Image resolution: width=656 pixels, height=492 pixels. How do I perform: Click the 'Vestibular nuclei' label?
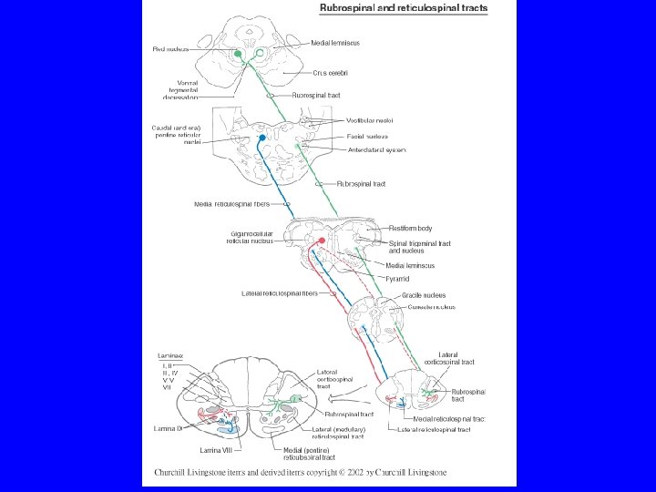[x=370, y=120]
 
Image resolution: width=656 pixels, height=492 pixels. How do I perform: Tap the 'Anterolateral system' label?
[x=376, y=149]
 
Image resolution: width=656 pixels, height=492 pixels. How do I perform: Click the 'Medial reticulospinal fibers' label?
[x=230, y=203]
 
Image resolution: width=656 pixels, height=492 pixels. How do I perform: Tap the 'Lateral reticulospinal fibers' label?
[x=280, y=293]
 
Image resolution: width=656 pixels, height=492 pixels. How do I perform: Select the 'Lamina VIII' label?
[x=218, y=449]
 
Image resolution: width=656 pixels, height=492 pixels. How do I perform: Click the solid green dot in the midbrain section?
[x=238, y=55]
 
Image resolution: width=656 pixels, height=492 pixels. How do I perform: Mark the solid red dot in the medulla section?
[x=321, y=240]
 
